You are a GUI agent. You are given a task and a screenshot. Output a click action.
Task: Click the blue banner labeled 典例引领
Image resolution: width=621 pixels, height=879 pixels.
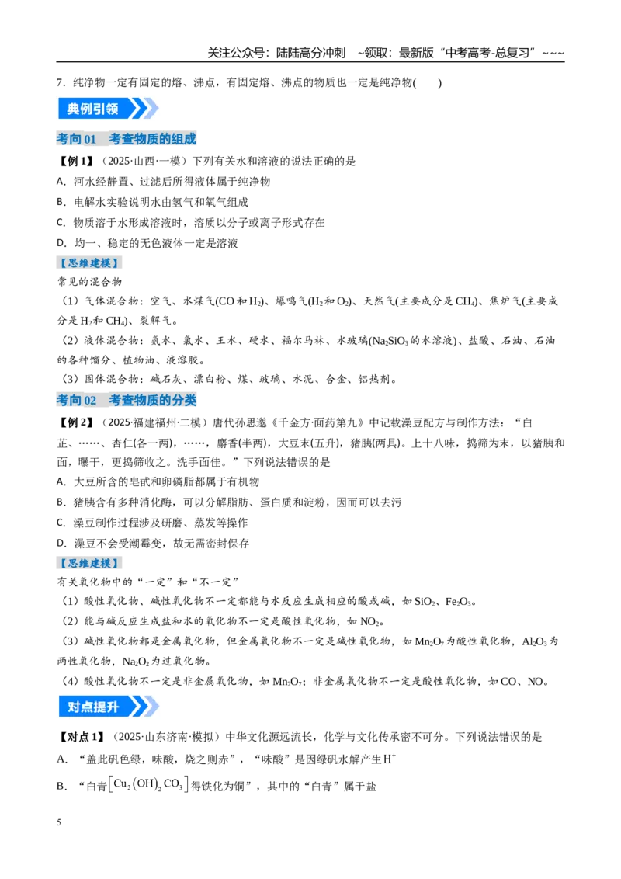108,108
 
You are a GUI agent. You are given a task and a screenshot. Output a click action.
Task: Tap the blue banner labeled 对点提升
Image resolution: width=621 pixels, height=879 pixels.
108,707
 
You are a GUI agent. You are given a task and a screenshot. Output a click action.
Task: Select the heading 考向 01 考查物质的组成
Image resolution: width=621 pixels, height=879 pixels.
126,138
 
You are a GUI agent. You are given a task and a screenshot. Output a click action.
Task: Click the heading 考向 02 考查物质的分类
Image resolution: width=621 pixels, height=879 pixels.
126,400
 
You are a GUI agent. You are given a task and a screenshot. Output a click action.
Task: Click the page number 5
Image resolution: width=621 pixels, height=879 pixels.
59,822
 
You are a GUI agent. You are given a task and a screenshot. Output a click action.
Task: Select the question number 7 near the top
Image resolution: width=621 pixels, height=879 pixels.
59,83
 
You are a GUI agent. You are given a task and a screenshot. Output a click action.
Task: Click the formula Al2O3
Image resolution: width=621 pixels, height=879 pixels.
534,641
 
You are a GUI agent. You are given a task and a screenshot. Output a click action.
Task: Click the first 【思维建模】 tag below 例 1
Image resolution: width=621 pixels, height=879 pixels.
89,263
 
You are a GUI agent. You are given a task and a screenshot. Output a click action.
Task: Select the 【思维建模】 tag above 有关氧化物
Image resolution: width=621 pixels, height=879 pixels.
89,563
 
